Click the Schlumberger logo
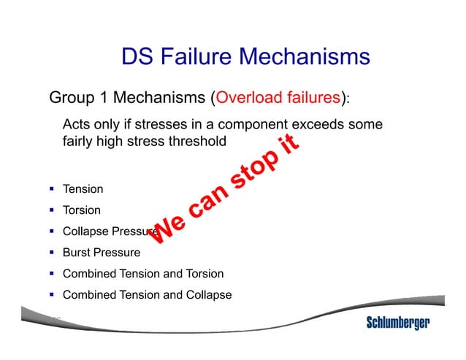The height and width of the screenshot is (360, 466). pyautogui.click(x=397, y=323)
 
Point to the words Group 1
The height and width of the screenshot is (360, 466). pyautogui.click(x=75, y=98)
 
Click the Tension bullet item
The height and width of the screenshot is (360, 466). pyautogui.click(x=83, y=189)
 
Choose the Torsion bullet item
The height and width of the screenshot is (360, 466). pyautogui.click(x=82, y=210)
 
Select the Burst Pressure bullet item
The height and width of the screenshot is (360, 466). pyautogui.click(x=102, y=253)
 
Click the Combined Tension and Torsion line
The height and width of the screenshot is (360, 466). pyautogui.click(x=143, y=274)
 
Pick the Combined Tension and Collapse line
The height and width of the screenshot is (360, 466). pyautogui.click(x=147, y=295)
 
